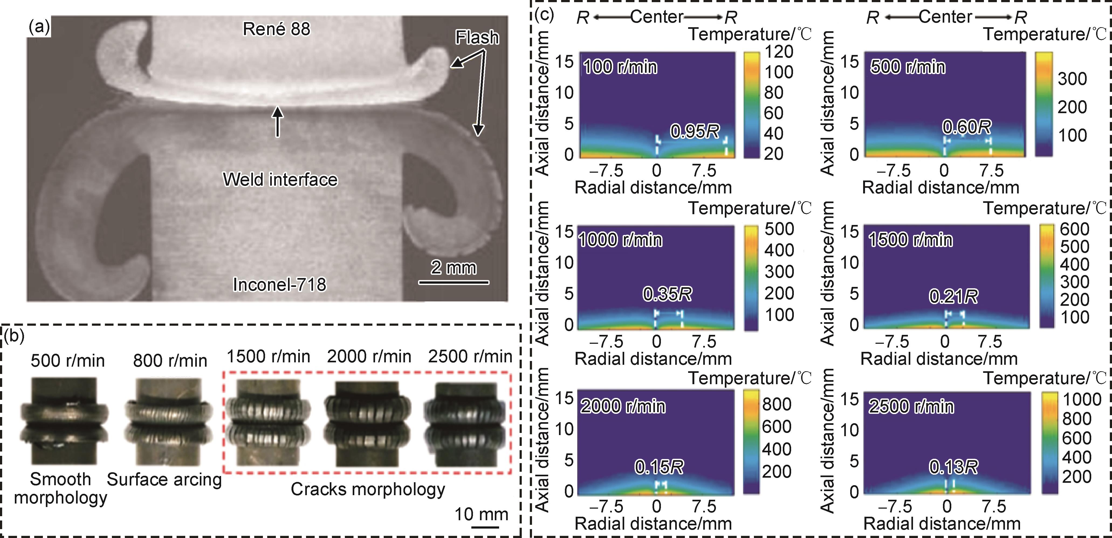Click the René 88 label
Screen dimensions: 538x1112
click(276, 29)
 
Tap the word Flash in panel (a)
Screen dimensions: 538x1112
click(477, 38)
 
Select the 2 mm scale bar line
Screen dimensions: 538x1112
click(454, 283)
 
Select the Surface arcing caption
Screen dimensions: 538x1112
click(164, 479)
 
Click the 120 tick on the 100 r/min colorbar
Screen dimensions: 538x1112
click(779, 52)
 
